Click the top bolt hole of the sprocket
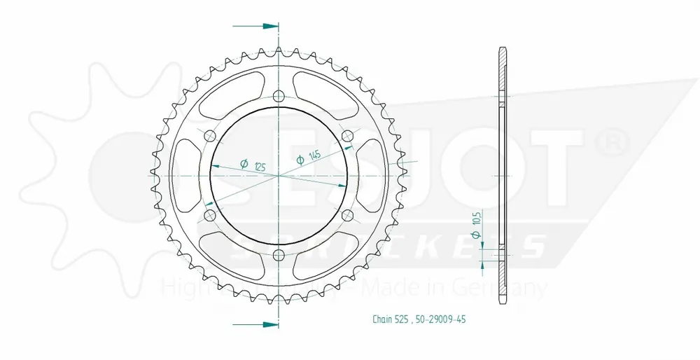(279, 96)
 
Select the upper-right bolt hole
(346, 135)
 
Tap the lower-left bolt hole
(210, 214)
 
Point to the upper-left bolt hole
(210, 135)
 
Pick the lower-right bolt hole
(346, 214)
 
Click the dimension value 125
(260, 165)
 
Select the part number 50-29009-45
(440, 320)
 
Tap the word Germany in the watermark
(512, 288)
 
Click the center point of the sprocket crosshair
(279, 174)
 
